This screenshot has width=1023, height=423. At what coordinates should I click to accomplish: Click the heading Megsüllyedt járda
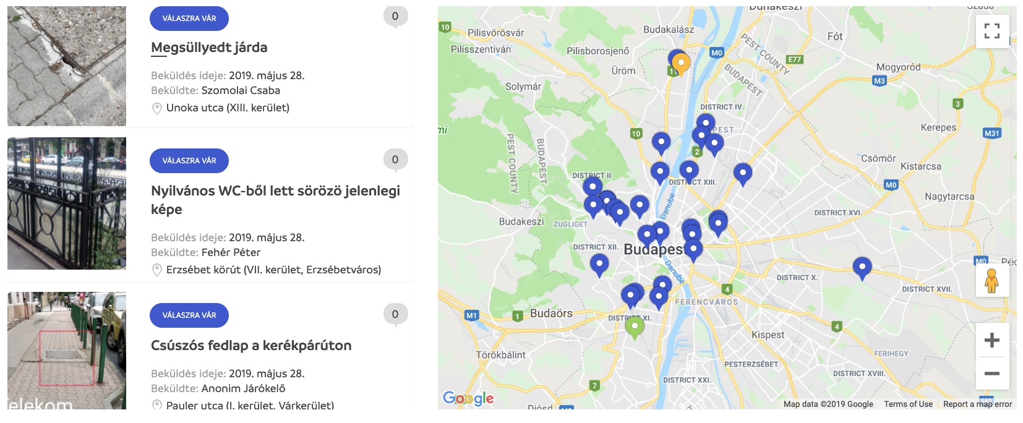pos(209,48)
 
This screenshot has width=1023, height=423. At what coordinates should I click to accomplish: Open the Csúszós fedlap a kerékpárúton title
pos(251,346)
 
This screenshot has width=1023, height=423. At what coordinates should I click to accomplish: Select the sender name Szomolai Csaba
pos(241,90)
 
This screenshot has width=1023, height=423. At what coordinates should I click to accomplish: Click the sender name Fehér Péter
pos(231,252)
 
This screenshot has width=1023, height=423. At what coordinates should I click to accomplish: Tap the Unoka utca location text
pos(228,108)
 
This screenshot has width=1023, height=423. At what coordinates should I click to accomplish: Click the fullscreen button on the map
pos(992,31)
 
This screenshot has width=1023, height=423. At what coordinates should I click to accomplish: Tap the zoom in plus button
pos(992,340)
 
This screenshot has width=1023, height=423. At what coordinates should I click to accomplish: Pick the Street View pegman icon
pos(992,281)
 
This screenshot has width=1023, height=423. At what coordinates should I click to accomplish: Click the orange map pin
pos(681,63)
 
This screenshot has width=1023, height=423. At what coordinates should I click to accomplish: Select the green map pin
pos(635,326)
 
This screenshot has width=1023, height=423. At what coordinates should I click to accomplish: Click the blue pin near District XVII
pos(862,267)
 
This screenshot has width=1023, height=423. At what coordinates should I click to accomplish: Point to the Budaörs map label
pos(551,314)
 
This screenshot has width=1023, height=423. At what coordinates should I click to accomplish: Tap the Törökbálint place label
pos(501,355)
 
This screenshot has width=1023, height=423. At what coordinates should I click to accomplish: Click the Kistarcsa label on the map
pos(921,166)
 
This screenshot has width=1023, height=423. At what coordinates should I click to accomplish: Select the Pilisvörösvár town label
pos(495,33)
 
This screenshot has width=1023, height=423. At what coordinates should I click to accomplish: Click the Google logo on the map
pos(468,398)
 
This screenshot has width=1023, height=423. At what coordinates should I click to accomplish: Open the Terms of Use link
pos(908,404)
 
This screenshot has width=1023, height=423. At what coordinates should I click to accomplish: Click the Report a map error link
pos(977,404)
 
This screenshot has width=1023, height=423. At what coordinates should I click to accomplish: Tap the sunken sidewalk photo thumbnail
pos(67,66)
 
